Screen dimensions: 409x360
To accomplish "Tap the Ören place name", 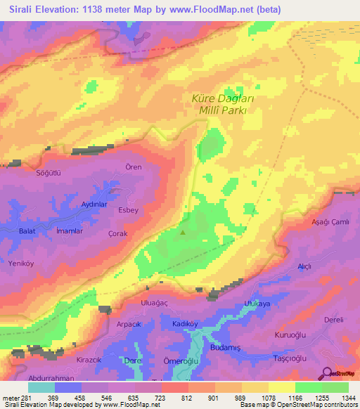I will (133, 167).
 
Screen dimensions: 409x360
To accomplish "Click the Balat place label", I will (27, 231).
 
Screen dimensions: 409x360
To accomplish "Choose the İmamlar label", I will (70, 231).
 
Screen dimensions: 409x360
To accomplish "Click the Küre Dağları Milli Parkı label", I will (222, 105).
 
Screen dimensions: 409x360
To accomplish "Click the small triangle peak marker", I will (184, 232).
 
